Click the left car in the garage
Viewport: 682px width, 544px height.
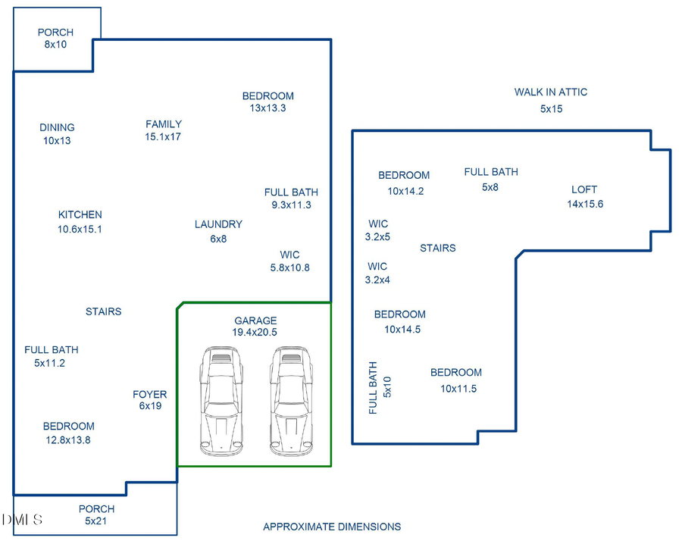(221, 402)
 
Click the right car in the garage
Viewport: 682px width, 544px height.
(291, 402)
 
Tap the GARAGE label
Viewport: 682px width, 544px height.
(255, 320)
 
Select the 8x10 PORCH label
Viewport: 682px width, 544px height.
(55, 32)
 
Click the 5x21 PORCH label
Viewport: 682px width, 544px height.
(96, 509)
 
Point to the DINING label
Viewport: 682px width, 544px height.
(57, 127)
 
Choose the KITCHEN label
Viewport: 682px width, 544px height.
(80, 215)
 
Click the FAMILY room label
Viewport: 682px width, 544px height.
(164, 124)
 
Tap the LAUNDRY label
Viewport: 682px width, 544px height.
(218, 224)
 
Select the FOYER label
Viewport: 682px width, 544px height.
(149, 395)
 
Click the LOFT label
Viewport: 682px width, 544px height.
(584, 189)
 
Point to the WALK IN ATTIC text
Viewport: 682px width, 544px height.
(551, 92)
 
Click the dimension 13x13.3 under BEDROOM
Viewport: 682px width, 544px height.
(267, 108)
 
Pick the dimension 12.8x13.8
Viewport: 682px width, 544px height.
(68, 440)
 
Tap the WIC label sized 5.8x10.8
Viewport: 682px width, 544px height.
(289, 255)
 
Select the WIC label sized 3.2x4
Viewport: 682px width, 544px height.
(377, 267)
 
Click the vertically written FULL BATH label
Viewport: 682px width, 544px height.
(373, 388)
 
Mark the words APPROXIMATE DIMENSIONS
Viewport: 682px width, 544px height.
(332, 527)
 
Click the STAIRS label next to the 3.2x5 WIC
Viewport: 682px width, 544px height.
(437, 248)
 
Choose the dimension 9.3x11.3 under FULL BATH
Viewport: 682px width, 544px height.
(292, 205)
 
